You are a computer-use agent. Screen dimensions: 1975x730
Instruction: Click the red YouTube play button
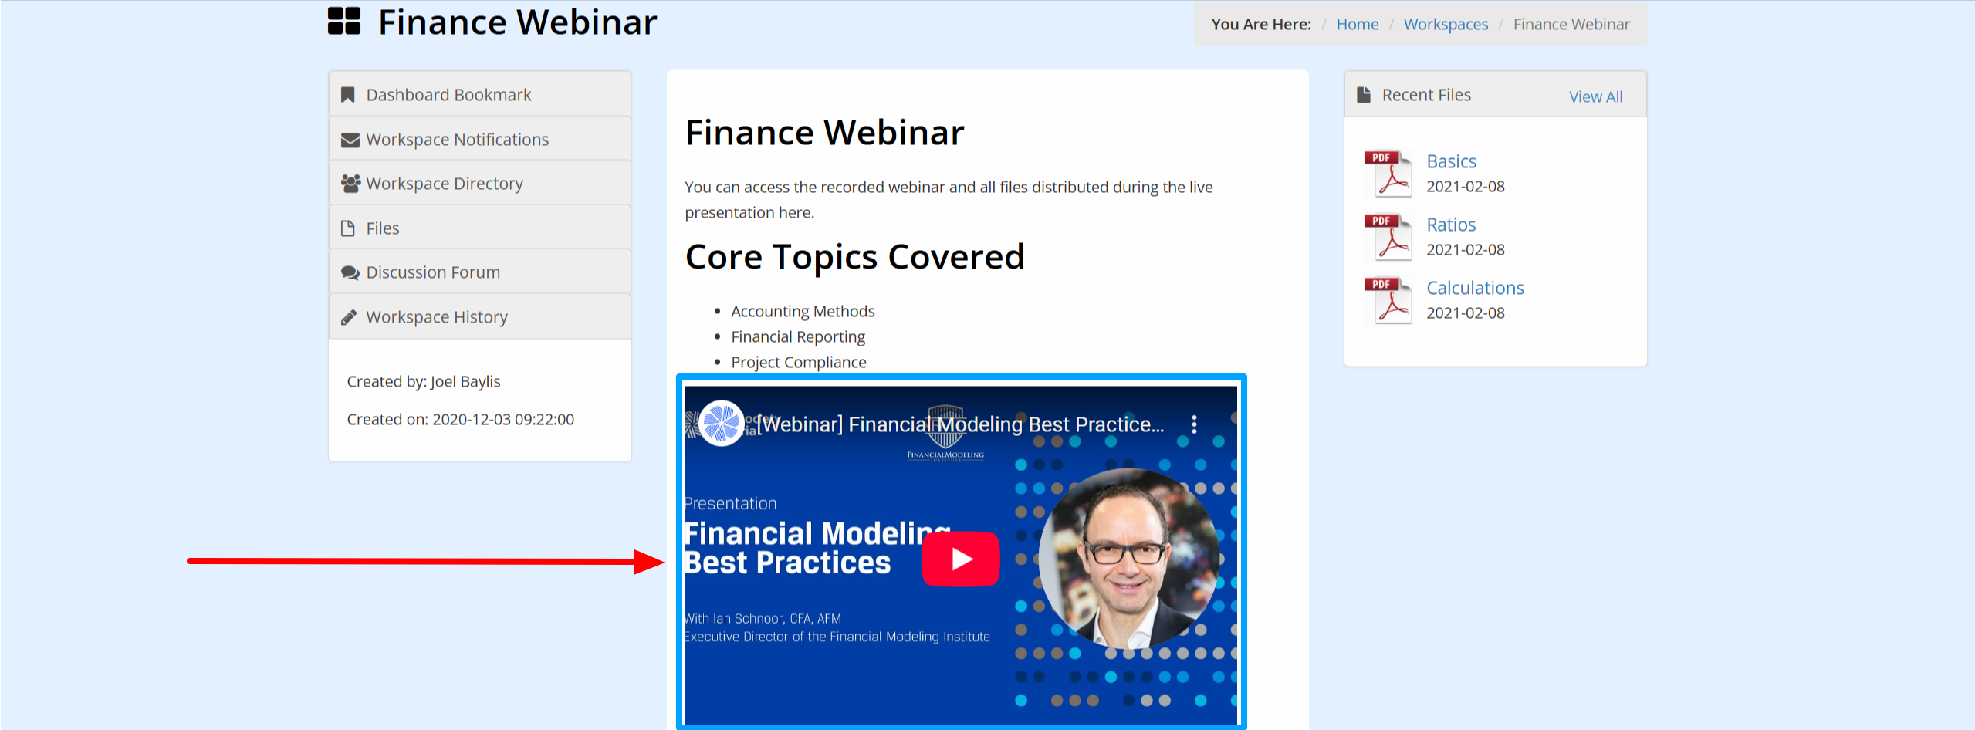(961, 559)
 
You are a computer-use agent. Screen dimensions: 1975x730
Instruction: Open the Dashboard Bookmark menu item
(448, 95)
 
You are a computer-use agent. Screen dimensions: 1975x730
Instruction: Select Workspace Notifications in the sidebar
(457, 140)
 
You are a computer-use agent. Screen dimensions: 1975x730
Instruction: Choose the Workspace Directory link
(445, 184)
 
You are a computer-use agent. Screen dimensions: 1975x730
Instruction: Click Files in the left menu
(382, 228)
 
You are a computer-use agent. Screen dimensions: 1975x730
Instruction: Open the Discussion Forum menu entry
(433, 272)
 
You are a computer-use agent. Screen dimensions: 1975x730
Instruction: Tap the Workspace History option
(437, 317)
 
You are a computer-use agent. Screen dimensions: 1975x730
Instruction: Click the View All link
(1595, 96)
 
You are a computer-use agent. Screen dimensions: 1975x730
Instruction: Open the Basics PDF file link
(1451, 161)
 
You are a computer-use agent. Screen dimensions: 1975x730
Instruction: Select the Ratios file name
(1451, 225)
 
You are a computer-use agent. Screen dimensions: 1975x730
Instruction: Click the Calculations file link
(1475, 288)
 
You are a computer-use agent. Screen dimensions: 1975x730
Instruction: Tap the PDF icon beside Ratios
(1388, 237)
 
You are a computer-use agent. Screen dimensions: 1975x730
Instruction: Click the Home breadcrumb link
(1358, 25)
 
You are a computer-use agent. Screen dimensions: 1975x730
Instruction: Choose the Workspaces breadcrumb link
(1446, 25)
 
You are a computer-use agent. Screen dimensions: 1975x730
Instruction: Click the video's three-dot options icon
(1194, 424)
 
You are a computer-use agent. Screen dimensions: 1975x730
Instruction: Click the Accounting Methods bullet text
(803, 311)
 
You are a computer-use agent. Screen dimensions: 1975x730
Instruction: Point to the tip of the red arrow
(665, 562)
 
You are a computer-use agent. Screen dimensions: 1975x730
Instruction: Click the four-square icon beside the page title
(344, 22)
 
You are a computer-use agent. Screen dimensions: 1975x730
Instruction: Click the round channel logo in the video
(721, 424)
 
